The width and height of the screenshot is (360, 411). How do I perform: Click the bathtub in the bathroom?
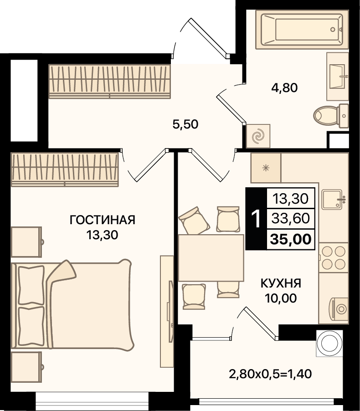302,29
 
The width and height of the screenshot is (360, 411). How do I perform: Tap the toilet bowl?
331,116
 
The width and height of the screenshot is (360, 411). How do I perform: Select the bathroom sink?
338,76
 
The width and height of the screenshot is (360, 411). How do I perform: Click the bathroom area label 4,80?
284,88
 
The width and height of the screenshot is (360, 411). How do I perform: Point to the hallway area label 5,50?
185,124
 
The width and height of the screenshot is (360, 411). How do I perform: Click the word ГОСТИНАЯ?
103,220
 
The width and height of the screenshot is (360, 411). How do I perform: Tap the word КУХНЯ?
281,283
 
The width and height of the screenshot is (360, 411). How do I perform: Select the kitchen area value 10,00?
281,298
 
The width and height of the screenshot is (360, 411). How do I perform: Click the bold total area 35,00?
291,239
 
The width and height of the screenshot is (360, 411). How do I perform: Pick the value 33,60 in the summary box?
291,218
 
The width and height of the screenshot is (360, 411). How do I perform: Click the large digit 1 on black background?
256,219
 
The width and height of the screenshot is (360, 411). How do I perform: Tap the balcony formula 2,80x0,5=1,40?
270,374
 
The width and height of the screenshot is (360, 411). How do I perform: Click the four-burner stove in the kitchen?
334,257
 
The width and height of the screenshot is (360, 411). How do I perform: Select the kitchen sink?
333,200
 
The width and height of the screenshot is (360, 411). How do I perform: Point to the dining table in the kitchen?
211,258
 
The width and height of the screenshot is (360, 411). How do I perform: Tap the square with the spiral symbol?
258,136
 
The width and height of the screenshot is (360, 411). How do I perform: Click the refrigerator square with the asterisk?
266,168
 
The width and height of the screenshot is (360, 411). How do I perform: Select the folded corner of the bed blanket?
62,272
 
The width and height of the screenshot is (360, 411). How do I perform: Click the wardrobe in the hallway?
110,82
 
